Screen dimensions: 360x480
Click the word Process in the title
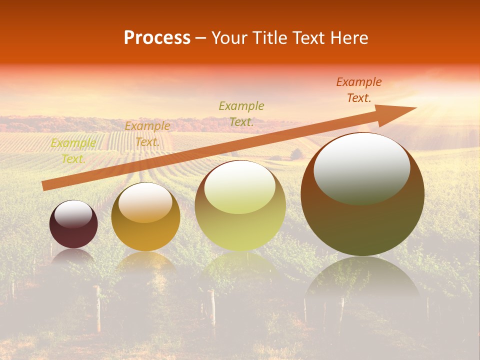(157, 38)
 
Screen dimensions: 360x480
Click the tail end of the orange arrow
(43, 186)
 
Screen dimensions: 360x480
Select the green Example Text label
(73, 151)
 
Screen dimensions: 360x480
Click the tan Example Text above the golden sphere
(147, 134)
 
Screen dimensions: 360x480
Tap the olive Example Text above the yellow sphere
(241, 113)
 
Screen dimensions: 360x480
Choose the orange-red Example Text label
(359, 90)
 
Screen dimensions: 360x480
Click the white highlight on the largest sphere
(361, 168)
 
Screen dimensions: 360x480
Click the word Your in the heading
(230, 38)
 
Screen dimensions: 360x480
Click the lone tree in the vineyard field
(296, 154)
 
